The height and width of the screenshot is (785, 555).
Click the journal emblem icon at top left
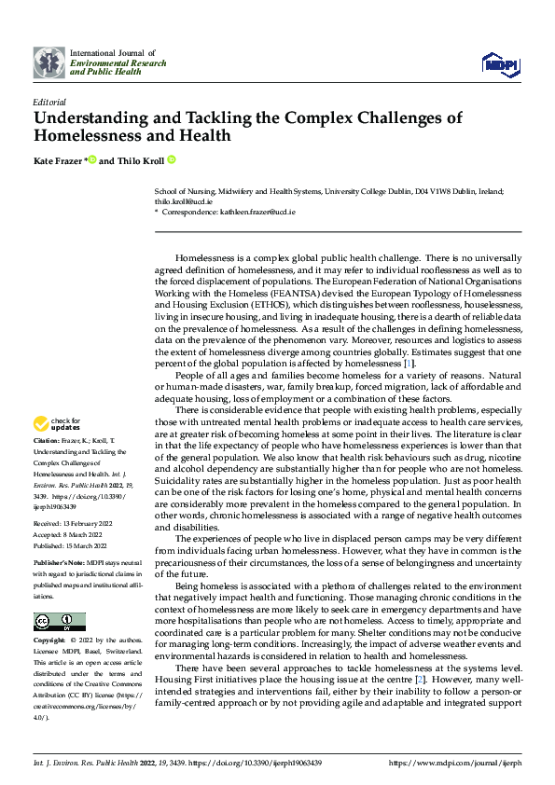(x=49, y=62)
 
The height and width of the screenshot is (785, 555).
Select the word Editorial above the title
(x=49, y=101)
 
